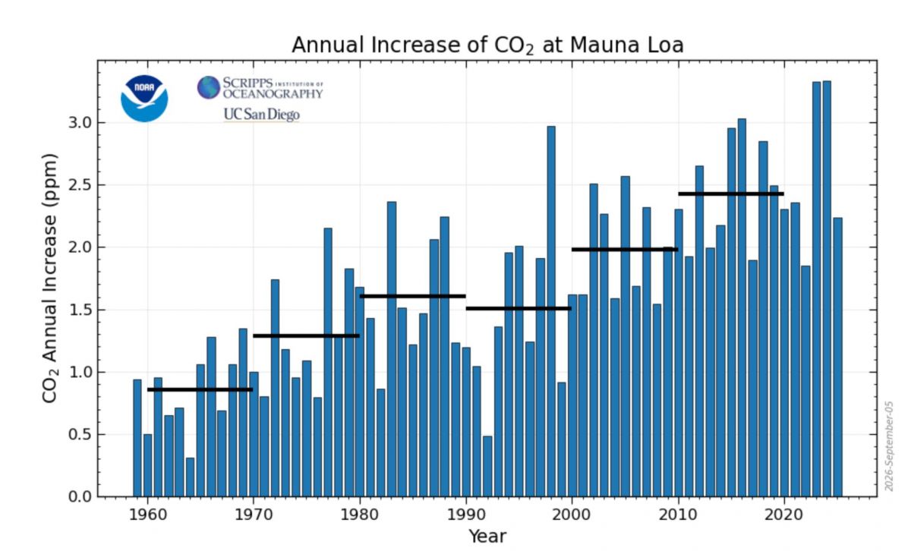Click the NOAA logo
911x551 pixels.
point(144,99)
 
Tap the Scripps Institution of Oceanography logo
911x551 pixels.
point(260,87)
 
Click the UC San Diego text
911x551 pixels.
point(261,115)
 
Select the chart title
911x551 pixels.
point(487,46)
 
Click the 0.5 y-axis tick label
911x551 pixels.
point(81,434)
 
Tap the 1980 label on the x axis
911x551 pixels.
point(360,515)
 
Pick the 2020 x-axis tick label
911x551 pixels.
point(783,515)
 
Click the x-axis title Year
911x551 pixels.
point(487,537)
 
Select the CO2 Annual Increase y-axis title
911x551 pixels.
point(50,278)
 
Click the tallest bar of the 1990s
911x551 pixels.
point(551,311)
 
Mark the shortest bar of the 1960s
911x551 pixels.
point(190,477)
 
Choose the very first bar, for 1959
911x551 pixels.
point(137,439)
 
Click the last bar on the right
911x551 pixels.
point(837,357)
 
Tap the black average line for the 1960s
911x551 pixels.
point(200,389)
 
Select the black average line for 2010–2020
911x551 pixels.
point(731,194)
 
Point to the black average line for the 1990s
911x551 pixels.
point(519,309)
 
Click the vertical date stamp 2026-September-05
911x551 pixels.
point(889,446)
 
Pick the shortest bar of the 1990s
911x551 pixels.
point(487,467)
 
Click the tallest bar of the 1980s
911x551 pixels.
point(392,349)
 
